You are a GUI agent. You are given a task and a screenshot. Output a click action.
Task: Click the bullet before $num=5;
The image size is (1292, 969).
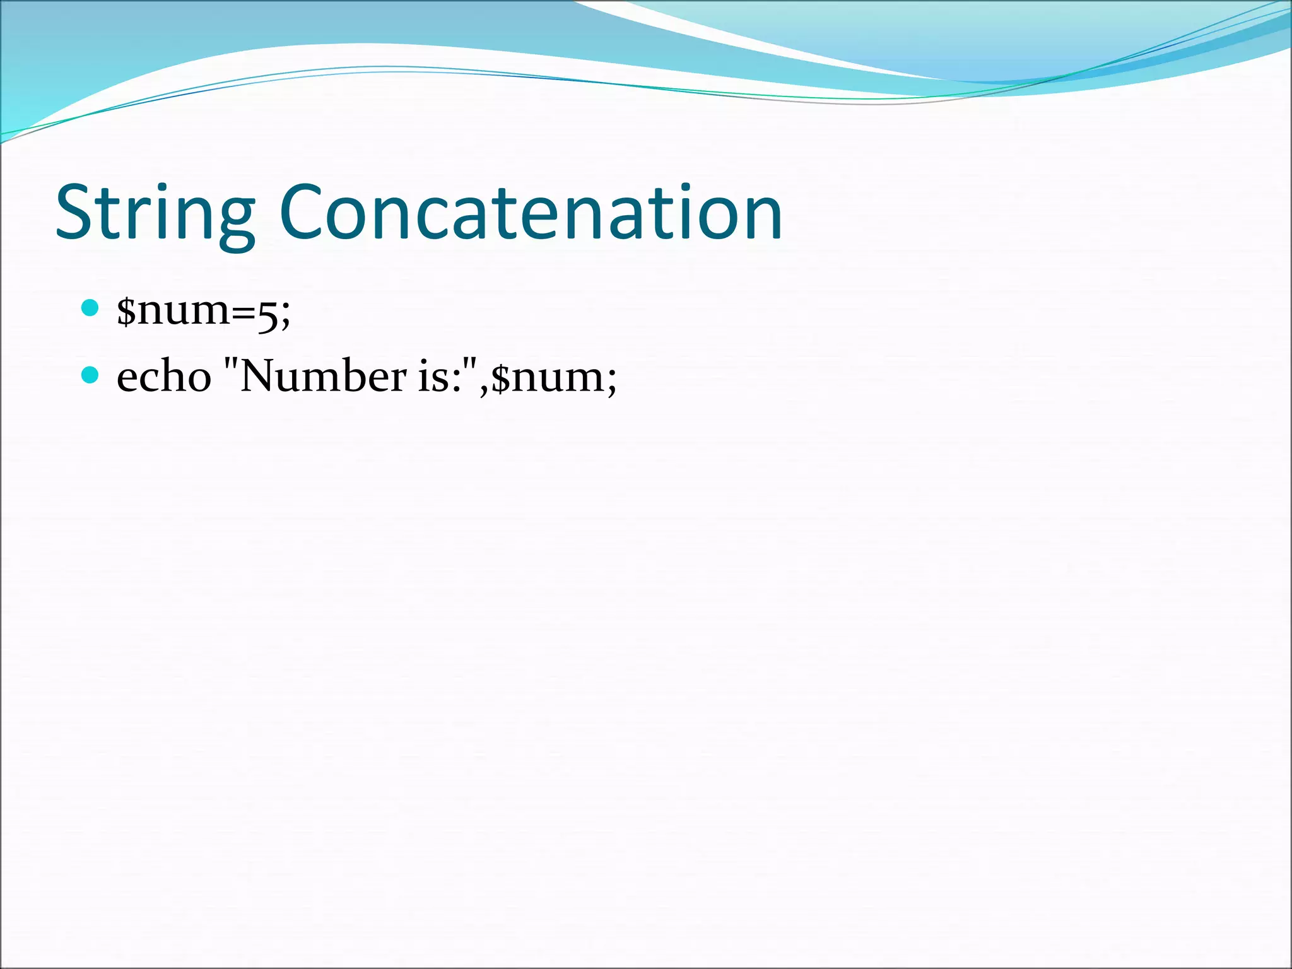91,308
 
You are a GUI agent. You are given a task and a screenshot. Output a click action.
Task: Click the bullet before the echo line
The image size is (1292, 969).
91,375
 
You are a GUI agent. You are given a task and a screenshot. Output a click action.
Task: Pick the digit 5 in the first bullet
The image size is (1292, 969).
267,314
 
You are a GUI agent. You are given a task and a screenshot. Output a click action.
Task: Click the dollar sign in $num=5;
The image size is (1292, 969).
126,310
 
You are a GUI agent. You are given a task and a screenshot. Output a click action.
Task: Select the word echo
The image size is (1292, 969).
163,377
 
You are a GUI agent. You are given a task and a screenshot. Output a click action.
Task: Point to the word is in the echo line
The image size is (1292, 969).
433,377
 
